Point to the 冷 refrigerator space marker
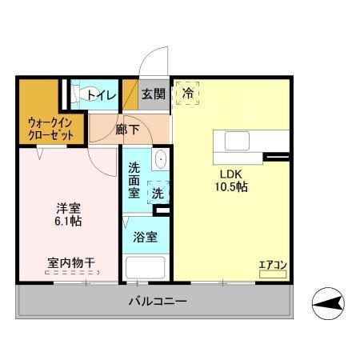tap(187, 93)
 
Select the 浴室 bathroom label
tap(146, 237)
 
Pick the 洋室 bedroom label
tap(67, 206)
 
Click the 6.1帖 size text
tap(67, 220)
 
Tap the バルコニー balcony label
tap(158, 302)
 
